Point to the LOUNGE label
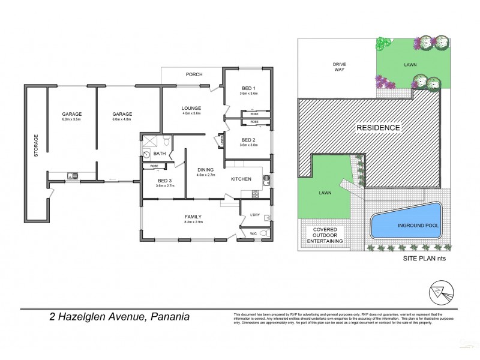click(191, 108)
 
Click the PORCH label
click(194, 74)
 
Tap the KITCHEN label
click(242, 179)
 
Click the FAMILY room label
click(193, 217)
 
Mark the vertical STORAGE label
click(36, 145)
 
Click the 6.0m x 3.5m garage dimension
click(71, 119)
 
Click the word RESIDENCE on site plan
click(378, 128)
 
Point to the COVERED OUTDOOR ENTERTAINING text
click(325, 235)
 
